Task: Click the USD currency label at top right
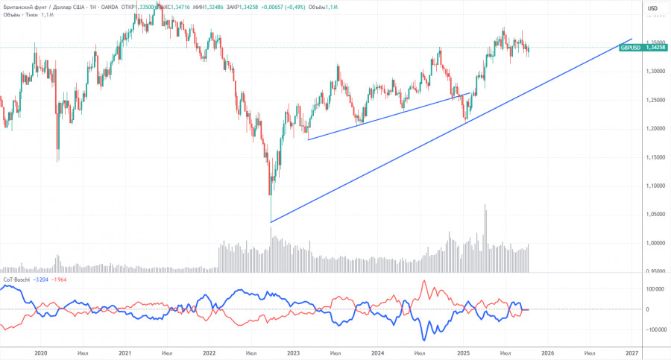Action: pos(652,8)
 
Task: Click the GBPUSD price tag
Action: pos(629,46)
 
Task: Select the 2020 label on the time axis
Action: pos(40,352)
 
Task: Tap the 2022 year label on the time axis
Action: pos(209,352)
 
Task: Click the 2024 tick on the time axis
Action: pos(378,352)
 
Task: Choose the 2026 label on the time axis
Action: pos(547,352)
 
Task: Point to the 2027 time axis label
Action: pos(631,352)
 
